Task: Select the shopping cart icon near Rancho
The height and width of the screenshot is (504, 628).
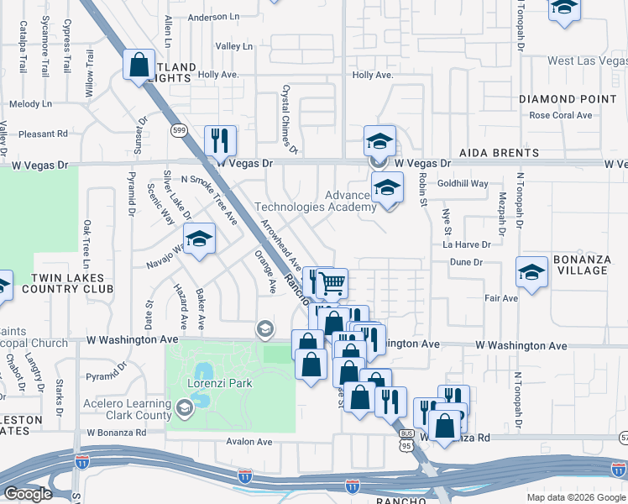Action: coord(332,284)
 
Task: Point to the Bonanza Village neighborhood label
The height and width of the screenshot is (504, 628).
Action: coord(580,265)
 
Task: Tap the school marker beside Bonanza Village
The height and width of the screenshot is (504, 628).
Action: coord(532,272)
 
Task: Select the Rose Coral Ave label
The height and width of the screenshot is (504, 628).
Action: coord(561,115)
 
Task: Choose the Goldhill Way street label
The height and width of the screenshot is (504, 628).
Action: coord(462,183)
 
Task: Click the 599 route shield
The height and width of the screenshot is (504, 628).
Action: coord(178,129)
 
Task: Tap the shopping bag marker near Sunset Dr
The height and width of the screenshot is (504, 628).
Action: coord(139,65)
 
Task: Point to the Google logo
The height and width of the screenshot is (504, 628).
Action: coord(28,494)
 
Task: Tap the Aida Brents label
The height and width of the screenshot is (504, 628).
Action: coord(499,153)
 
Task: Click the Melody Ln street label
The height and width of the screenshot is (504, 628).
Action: coord(30,104)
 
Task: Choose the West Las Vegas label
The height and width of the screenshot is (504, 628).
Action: coord(587,60)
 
